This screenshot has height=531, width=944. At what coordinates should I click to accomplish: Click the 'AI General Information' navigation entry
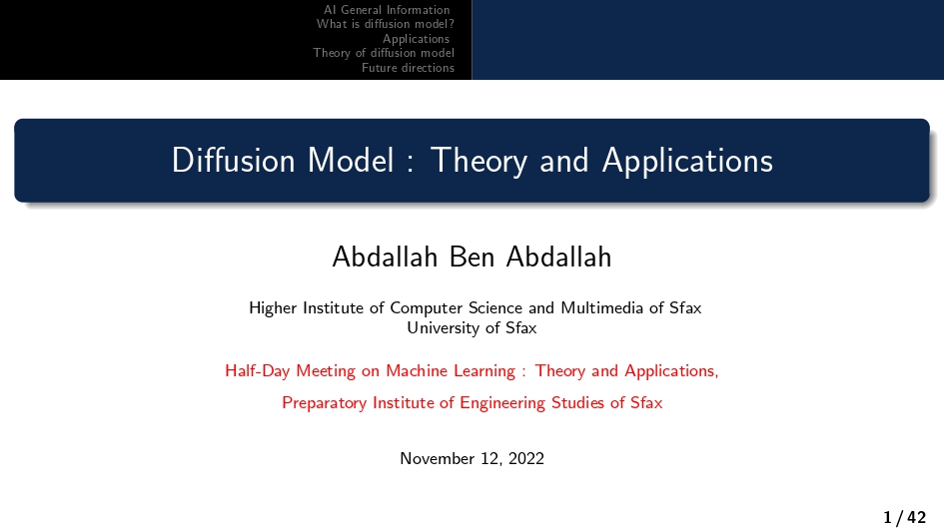coord(387,10)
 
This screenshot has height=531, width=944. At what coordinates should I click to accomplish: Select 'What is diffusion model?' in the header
coord(386,24)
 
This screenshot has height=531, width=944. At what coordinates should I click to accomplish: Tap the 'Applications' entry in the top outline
coord(417,39)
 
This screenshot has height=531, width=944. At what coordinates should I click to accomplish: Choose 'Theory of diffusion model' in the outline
coord(384,53)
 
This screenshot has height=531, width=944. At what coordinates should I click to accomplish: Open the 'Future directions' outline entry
coord(408,68)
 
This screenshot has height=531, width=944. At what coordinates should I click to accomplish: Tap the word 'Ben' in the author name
coord(472,258)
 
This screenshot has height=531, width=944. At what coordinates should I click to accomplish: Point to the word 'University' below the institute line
coord(443,327)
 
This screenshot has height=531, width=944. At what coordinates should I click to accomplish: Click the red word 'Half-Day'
coord(256,371)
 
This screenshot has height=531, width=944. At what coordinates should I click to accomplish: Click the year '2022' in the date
coord(525,459)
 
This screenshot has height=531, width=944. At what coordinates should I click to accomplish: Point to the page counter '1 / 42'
coord(904,517)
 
